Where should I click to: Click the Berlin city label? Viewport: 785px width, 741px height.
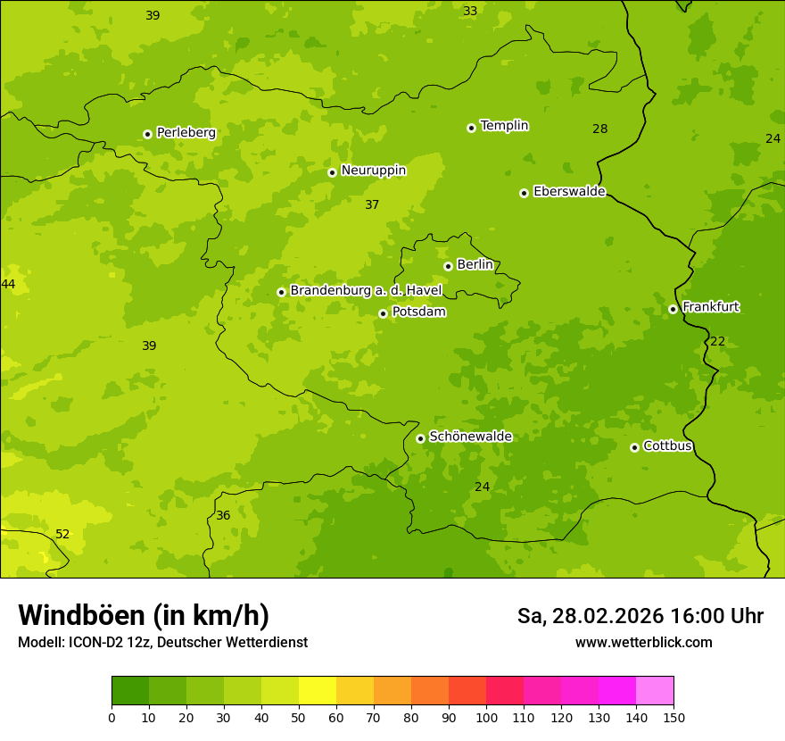coord(475,264)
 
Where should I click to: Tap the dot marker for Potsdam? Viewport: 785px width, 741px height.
coord(383,313)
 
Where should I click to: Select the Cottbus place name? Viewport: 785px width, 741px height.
coord(667,445)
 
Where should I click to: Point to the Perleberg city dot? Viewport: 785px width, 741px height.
coord(147,134)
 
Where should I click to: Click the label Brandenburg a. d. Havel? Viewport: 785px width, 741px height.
coord(366,291)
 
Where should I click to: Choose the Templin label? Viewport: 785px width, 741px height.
coord(504,126)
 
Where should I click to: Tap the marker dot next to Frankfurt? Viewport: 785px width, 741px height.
coord(673,309)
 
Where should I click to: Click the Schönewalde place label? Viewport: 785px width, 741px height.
coord(470,437)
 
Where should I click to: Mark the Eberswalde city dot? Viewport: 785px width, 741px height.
coord(524,193)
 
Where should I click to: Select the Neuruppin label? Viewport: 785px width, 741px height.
coord(373,171)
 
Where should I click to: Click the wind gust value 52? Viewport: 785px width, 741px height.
coord(62,535)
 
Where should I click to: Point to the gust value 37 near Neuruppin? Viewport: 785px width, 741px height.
coord(372,205)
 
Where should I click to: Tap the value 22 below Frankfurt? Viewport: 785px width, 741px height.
coord(717,342)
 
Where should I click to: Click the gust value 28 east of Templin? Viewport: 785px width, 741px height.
coord(600,129)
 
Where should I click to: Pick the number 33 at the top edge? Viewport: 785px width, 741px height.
coord(470,12)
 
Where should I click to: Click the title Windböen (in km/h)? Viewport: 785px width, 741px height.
coord(144,615)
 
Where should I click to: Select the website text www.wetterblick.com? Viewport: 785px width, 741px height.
coord(643,643)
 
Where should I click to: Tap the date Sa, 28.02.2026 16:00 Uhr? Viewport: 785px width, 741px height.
coord(640,616)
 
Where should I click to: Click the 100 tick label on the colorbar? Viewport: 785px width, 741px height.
coord(486,717)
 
